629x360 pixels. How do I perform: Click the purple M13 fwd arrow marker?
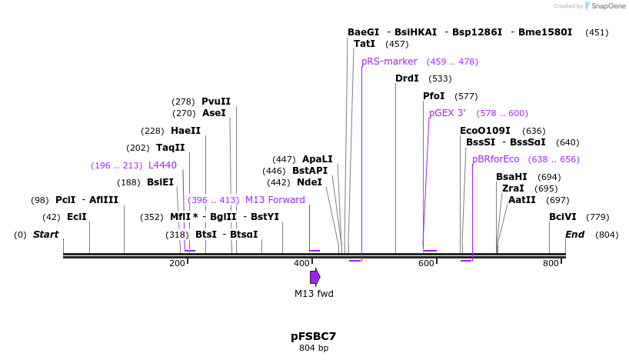(314, 277)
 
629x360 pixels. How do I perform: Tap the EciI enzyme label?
(76, 217)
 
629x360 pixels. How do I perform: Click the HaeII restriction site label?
(185, 131)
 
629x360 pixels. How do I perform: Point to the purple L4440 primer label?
(162, 165)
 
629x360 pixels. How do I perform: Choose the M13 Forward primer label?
(275, 200)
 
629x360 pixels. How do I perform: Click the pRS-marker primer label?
(389, 62)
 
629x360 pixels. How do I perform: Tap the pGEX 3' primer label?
(447, 113)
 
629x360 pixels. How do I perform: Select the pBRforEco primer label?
(495, 159)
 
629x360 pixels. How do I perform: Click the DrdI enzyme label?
(407, 78)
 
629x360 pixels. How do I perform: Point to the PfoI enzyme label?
(434, 96)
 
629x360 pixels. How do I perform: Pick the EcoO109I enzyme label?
(484, 131)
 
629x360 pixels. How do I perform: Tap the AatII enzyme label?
(521, 200)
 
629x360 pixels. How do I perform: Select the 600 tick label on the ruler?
(425, 264)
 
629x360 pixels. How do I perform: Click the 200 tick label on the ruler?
(177, 264)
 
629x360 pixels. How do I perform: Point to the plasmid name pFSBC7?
(313, 336)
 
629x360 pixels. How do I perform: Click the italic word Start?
(45, 235)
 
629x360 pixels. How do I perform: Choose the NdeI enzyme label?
(309, 182)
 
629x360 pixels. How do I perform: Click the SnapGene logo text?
(607, 6)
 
